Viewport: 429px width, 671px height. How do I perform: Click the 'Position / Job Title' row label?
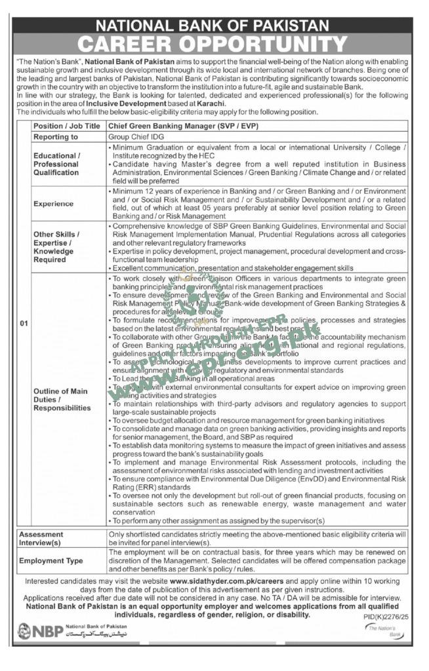[x=67, y=126]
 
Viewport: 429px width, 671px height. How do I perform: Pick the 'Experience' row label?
[x=54, y=204]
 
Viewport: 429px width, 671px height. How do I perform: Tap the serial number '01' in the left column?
[x=24, y=323]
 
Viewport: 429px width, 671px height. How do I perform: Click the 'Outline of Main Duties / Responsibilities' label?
[x=62, y=400]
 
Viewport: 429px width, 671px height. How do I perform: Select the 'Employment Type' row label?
[x=51, y=561]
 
